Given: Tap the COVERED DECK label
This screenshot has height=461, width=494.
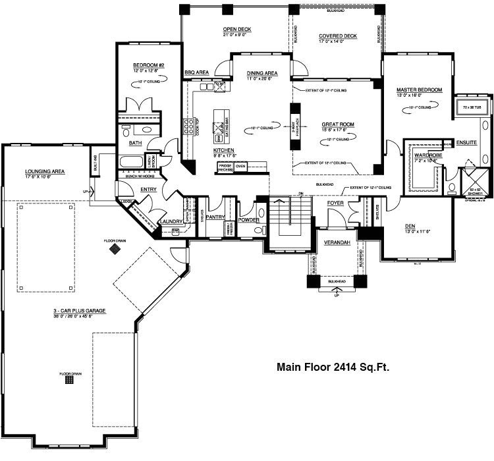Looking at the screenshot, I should point(337,36).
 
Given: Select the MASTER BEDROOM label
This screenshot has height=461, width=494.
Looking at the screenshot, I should point(419,89).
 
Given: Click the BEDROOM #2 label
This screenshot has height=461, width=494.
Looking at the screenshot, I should point(148,65).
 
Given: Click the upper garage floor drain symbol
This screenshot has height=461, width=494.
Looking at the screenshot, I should point(116,250).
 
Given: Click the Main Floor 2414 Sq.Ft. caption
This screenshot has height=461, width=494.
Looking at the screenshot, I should point(333,367).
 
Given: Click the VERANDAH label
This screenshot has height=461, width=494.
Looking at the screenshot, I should point(336,243).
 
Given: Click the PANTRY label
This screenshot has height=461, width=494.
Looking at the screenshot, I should point(215,217).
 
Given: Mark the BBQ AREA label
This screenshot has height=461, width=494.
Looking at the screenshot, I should point(196,71).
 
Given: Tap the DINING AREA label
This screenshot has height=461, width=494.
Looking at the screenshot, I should point(261,73).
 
